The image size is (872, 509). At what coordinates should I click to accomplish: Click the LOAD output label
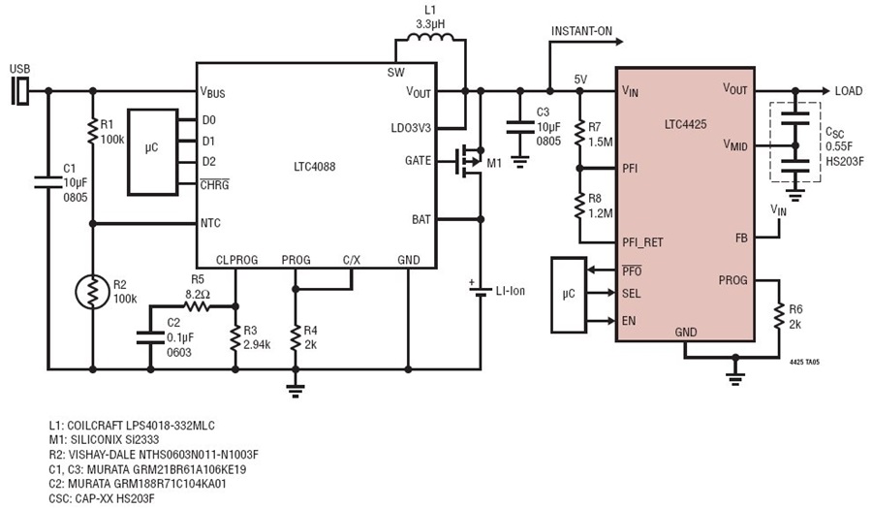(848, 91)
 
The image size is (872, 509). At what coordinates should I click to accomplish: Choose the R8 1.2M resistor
(579, 205)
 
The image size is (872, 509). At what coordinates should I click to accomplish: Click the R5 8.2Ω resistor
(199, 306)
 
